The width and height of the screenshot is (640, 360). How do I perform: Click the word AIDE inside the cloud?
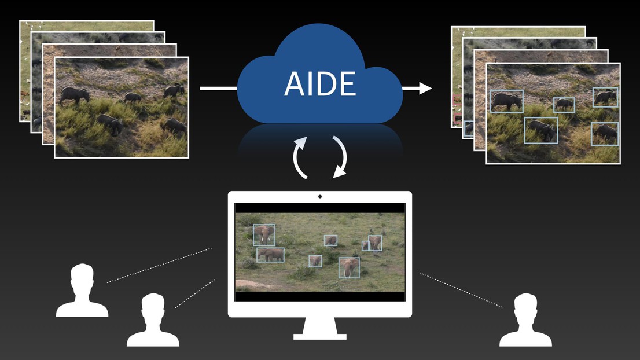click(x=320, y=84)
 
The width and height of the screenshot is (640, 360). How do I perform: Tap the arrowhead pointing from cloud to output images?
click(x=425, y=88)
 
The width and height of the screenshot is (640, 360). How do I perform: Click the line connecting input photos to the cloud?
click(x=218, y=88)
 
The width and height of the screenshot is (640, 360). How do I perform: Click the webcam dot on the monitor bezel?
click(x=320, y=197)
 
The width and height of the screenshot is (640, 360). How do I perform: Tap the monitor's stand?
click(x=320, y=328)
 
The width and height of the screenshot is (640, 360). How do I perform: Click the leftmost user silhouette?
click(x=82, y=290)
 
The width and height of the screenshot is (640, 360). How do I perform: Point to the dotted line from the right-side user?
click(x=461, y=290)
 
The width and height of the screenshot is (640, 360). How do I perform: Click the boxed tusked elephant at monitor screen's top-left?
click(x=264, y=235)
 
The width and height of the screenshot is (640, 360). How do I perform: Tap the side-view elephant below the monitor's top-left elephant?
click(x=270, y=255)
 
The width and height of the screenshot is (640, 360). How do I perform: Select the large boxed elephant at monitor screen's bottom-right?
click(x=349, y=268)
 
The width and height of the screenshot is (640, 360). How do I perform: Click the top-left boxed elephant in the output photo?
click(x=506, y=101)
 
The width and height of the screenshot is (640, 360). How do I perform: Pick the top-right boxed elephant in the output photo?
click(x=605, y=97)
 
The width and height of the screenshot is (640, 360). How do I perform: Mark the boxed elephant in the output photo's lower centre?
click(x=541, y=130)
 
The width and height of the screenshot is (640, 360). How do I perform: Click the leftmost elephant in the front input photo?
click(x=74, y=95)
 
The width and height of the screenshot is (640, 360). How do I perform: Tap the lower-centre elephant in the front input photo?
click(x=110, y=124)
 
